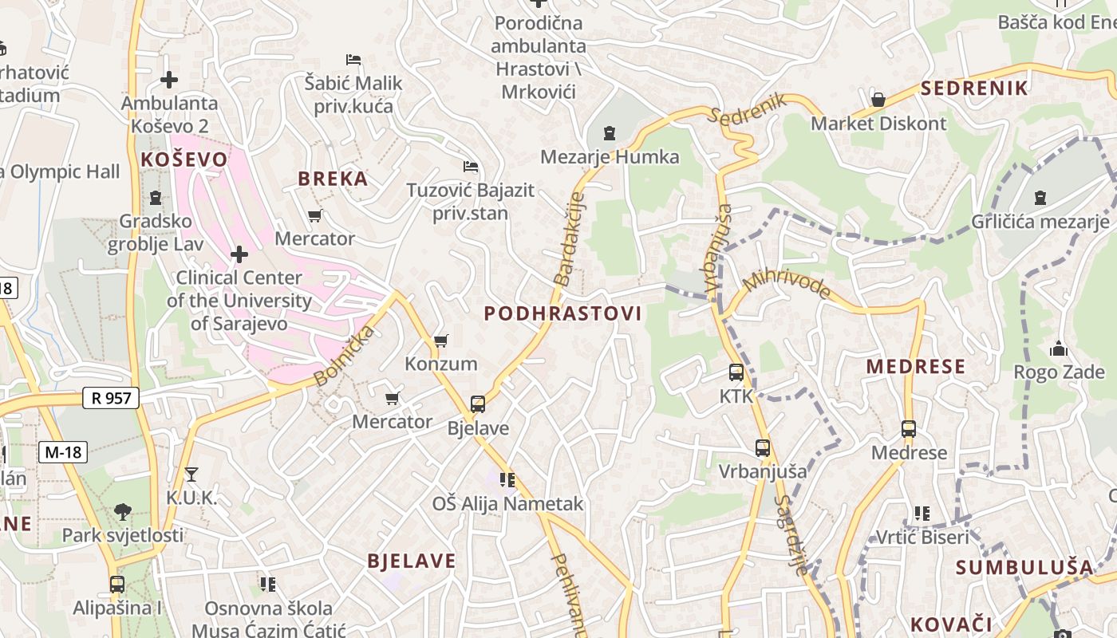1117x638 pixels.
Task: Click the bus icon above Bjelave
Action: click(x=478, y=404)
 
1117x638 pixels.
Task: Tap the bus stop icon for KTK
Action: click(x=736, y=372)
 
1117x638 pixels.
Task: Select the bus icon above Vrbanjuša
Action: click(x=763, y=447)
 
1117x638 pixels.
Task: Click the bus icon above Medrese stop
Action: click(x=909, y=428)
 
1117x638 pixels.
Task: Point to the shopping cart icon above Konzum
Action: click(x=440, y=341)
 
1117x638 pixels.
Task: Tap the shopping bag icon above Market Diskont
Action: click(x=878, y=100)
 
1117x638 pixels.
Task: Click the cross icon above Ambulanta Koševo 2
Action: click(x=169, y=80)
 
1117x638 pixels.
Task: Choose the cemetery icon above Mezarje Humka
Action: click(x=610, y=132)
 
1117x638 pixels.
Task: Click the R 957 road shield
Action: click(x=111, y=397)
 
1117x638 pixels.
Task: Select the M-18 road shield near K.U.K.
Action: click(x=63, y=452)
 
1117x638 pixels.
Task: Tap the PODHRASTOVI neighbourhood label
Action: click(x=562, y=313)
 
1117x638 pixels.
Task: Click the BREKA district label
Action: click(x=333, y=179)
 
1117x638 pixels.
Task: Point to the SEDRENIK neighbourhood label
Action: click(x=974, y=88)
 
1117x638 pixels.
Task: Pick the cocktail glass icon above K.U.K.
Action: click(x=191, y=475)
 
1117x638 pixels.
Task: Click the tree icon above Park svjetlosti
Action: click(x=123, y=511)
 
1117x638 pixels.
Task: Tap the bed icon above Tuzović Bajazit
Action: click(x=471, y=167)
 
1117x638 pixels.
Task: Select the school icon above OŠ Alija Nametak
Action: click(x=507, y=479)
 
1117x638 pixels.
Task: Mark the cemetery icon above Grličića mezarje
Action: click(x=1040, y=197)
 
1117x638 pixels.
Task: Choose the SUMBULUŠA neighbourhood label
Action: click(x=1024, y=568)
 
